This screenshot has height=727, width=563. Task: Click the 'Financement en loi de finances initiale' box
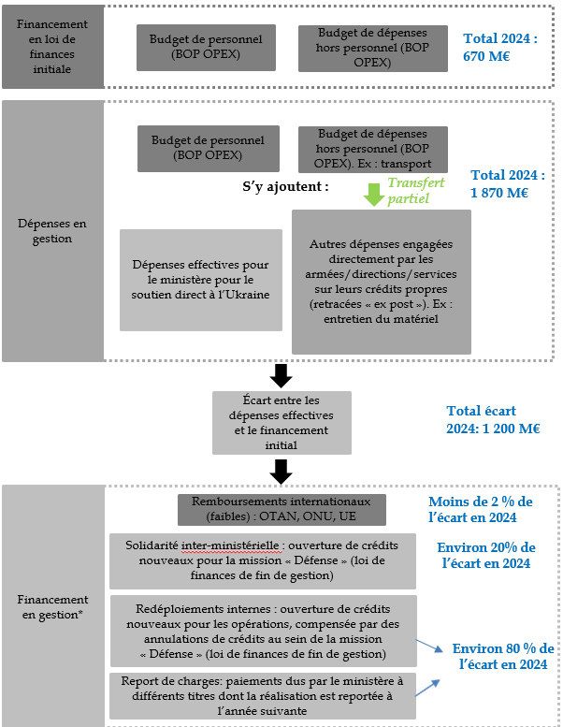coord(52,46)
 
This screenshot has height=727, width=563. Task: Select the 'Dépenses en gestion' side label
coord(52,231)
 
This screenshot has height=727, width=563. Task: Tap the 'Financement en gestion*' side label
coord(52,606)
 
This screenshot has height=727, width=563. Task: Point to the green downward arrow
coord(373,195)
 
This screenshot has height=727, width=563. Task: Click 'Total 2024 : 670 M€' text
coord(501,47)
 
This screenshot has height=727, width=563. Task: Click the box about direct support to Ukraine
coord(200,280)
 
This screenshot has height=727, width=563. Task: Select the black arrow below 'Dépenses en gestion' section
coord(281,375)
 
